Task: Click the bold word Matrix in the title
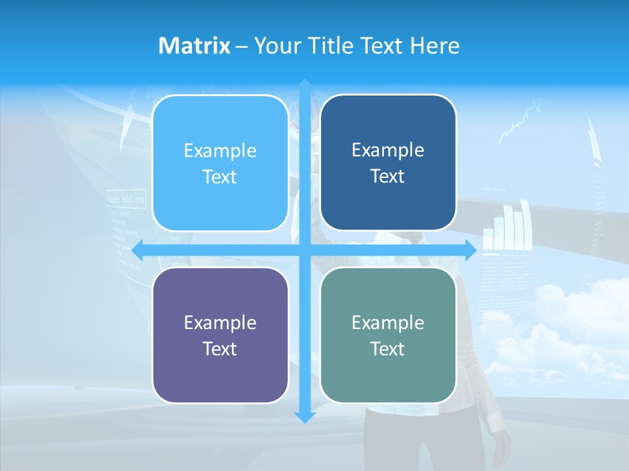pos(194,46)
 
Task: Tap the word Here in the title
pos(435,46)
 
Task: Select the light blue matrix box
pos(220,163)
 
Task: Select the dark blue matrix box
pos(388,163)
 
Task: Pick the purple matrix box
pos(220,335)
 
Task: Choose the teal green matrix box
pos(388,335)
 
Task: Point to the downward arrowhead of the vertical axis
pos(305,417)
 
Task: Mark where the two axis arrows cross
pos(305,250)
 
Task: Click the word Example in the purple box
pos(220,323)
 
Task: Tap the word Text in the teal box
pos(388,349)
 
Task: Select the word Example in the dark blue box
pos(388,150)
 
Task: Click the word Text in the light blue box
pos(220,177)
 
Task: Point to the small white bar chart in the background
pos(507,229)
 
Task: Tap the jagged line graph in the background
pos(524,121)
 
